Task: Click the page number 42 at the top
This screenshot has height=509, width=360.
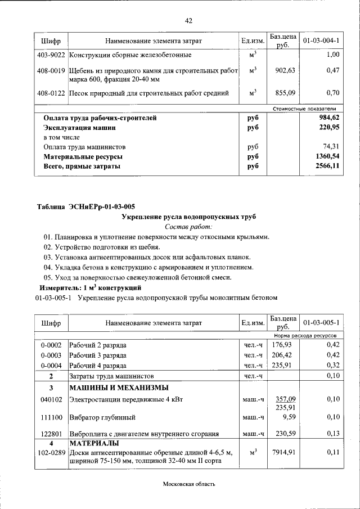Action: [188, 21]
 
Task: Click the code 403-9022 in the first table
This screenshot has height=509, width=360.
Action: [51, 55]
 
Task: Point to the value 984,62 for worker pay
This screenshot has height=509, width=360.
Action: [327, 118]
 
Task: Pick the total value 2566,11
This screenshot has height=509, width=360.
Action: [327, 166]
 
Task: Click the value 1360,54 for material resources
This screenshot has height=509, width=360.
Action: [327, 157]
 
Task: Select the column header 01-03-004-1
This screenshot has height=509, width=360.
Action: [321, 42]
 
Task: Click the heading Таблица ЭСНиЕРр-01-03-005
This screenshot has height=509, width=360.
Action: [86, 206]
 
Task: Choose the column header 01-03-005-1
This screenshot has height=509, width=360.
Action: [321, 323]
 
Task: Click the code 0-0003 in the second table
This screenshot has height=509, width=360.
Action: [51, 355]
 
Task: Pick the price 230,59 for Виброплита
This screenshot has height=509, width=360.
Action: [283, 434]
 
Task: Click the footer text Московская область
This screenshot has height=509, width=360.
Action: [189, 484]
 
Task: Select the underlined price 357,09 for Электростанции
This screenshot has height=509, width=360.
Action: [283, 399]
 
